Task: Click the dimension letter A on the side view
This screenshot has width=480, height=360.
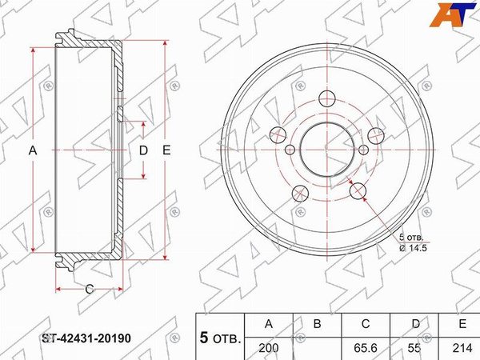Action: (33, 150)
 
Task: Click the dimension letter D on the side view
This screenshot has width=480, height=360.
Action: (143, 150)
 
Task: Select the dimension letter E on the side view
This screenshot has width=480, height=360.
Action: (166, 150)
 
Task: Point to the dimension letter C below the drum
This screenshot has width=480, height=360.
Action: (90, 289)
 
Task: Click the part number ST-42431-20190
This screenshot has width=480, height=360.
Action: (86, 338)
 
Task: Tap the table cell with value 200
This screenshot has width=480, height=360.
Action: (269, 348)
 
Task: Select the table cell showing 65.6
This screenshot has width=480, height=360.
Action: (366, 348)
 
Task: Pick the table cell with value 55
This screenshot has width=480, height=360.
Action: (414, 348)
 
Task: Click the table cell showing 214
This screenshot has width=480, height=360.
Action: (462, 348)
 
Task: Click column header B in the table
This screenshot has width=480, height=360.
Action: (318, 324)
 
